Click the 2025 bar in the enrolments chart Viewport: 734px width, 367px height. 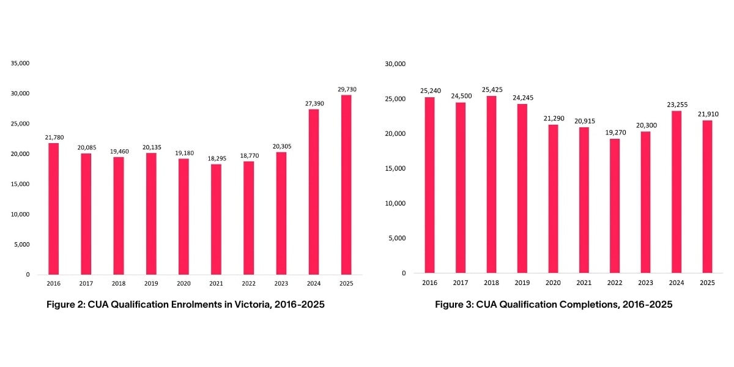[346, 185]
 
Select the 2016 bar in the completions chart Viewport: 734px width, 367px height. [429, 185]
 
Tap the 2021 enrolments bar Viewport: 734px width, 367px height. [216, 220]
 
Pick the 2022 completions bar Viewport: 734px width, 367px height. [615, 206]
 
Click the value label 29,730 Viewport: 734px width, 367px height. [347, 89]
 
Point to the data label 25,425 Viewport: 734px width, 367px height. [492, 90]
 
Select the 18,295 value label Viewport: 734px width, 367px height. [217, 158]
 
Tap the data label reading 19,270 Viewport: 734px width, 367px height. [615, 133]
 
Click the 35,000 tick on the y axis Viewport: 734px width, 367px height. [20, 63]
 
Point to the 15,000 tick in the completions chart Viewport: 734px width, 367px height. [395, 168]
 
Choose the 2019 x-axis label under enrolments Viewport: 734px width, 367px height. [151, 283]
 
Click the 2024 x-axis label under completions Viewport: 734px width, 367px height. [677, 283]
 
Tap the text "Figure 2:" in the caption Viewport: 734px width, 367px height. [66, 305]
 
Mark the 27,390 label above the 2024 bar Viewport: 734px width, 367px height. [314, 103]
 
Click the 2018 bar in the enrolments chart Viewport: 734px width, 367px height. [119, 216]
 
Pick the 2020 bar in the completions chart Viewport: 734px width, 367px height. [553, 199]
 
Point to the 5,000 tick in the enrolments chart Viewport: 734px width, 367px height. [21, 245]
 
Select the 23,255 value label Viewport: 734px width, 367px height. [677, 105]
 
